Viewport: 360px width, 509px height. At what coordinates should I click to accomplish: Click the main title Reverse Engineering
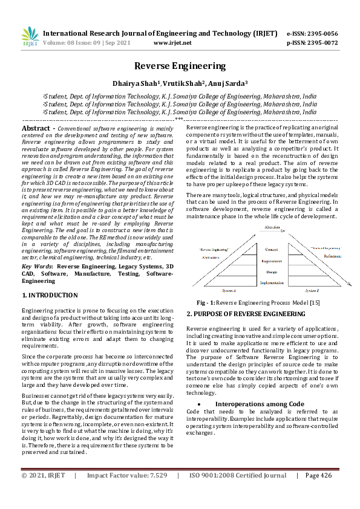click(180, 66)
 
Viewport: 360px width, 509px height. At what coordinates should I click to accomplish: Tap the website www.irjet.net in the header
click(173, 43)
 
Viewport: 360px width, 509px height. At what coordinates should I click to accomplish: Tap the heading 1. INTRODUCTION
click(50, 295)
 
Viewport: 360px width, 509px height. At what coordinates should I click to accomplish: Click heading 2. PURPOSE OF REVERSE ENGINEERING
click(245, 314)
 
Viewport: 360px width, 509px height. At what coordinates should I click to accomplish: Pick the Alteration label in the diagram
click(272, 227)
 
